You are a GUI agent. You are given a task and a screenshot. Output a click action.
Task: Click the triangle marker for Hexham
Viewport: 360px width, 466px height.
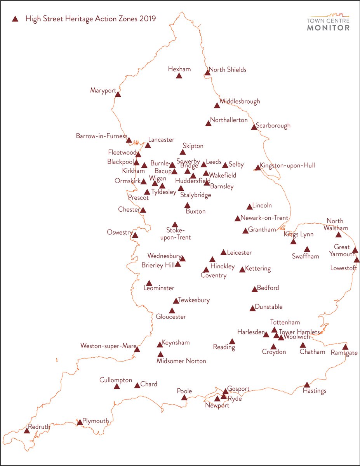pyautogui.click(x=179, y=76)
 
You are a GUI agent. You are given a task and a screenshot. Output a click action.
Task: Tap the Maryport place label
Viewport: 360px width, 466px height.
pyautogui.click(x=103, y=90)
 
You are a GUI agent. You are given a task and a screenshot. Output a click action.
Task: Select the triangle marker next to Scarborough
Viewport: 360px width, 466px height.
pyautogui.click(x=254, y=127)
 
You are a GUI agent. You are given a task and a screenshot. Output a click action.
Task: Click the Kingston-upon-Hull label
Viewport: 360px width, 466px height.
pyautogui.click(x=288, y=165)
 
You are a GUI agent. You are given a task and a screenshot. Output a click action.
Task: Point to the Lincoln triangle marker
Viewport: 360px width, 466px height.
pyautogui.click(x=249, y=207)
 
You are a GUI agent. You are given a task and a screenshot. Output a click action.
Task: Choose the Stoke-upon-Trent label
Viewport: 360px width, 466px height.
pyautogui.click(x=179, y=234)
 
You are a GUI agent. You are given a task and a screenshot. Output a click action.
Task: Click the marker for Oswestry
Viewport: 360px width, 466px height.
pyautogui.click(x=135, y=235)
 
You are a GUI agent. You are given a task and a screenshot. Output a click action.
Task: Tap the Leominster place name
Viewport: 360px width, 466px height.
pyautogui.click(x=159, y=288)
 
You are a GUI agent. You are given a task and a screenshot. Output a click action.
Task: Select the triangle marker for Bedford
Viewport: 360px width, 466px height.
pyautogui.click(x=255, y=289)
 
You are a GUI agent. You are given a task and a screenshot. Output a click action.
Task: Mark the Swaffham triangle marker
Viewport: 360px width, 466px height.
pyautogui.click(x=307, y=249)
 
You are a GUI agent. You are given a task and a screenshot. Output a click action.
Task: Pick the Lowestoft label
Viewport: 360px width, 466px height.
pyautogui.click(x=344, y=268)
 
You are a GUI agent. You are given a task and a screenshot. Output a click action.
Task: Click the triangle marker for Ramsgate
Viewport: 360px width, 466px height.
pyautogui.click(x=345, y=347)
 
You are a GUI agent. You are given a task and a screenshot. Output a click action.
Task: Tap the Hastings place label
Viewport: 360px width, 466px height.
pyautogui.click(x=315, y=391)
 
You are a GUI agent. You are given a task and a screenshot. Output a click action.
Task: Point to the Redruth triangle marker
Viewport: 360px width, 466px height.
pyautogui.click(x=27, y=431)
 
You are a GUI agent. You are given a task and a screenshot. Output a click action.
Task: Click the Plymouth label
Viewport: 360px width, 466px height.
pyautogui.click(x=96, y=421)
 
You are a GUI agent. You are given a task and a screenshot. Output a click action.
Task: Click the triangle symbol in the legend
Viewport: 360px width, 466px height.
pyautogui.click(x=15, y=19)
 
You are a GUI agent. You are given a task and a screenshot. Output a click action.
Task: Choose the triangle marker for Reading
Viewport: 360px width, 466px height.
pyautogui.click(x=232, y=342)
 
